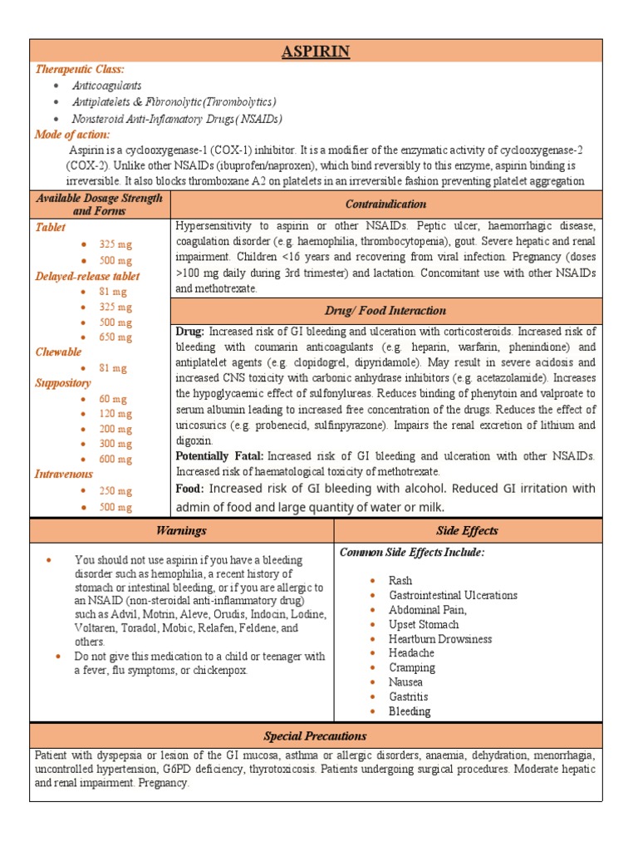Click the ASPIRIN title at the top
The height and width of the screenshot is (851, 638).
click(x=315, y=52)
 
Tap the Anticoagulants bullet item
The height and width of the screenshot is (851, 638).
click(x=106, y=86)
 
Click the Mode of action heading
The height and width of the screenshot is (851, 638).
click(x=71, y=134)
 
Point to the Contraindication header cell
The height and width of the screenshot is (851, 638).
click(x=385, y=204)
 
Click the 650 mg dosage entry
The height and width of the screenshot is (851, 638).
click(x=115, y=337)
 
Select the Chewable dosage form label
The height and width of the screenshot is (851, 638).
click(x=58, y=352)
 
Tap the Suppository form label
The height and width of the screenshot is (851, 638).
click(x=62, y=383)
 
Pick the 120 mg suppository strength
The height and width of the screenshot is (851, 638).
click(x=115, y=414)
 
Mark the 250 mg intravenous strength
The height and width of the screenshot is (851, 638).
click(x=115, y=491)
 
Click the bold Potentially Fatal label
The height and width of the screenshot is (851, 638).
click(x=219, y=456)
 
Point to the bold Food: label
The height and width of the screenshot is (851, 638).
click(x=190, y=489)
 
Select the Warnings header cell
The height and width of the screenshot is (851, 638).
click(x=181, y=530)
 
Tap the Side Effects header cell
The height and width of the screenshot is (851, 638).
click(x=467, y=530)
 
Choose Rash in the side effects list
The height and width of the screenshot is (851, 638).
click(x=400, y=580)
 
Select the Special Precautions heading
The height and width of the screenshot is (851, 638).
click(x=315, y=736)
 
